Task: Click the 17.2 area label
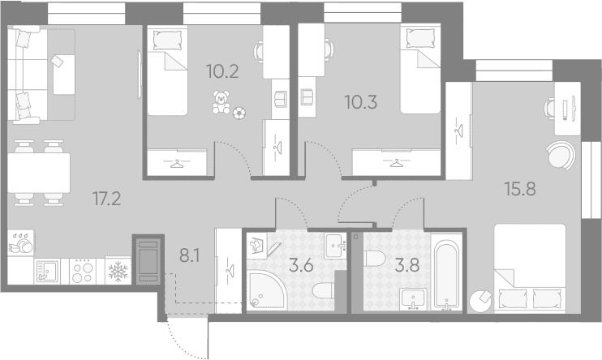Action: pyautogui.click(x=107, y=199)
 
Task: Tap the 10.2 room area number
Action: pyautogui.click(x=222, y=71)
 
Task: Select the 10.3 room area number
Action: pyautogui.click(x=361, y=102)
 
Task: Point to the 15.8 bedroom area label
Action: pyautogui.click(x=520, y=189)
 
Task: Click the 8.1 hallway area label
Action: pyautogui.click(x=190, y=255)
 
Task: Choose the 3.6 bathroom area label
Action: pyautogui.click(x=301, y=266)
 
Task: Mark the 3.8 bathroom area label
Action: pyautogui.click(x=407, y=266)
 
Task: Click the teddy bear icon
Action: pyautogui.click(x=221, y=102)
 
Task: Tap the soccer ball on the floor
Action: pyautogui.click(x=239, y=113)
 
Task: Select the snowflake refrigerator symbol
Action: pyautogui.click(x=118, y=271)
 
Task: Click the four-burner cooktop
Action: pyautogui.click(x=83, y=271)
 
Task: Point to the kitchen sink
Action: pyautogui.click(x=46, y=271)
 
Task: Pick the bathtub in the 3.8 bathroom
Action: pyautogui.click(x=446, y=274)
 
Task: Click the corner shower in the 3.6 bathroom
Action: pyautogui.click(x=266, y=289)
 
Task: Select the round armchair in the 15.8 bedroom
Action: pyautogui.click(x=561, y=155)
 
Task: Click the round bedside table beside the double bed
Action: pyautogui.click(x=480, y=301)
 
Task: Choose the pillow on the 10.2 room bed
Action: pyautogui.click(x=167, y=41)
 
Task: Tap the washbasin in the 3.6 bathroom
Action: pyautogui.click(x=336, y=246)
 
